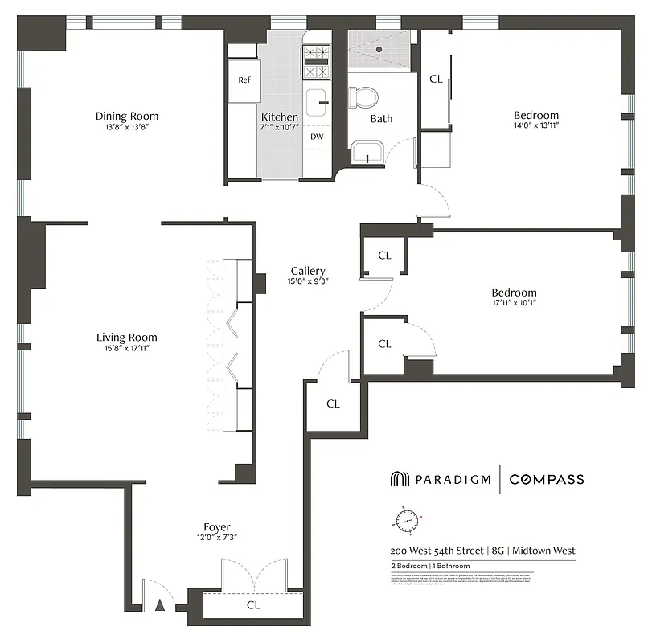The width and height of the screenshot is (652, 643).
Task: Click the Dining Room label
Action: coord(127,116)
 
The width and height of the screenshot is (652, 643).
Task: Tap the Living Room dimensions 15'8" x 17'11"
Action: coord(127,348)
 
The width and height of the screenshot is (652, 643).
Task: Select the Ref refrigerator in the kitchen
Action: coord(244,80)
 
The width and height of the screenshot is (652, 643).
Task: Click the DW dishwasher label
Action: coord(318,137)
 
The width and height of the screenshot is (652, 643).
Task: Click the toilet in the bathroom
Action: coord(364,97)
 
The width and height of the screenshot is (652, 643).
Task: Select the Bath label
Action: coord(381,118)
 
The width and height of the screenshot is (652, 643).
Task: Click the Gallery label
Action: coord(308,271)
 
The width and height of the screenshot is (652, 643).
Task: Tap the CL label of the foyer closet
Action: coord(253,604)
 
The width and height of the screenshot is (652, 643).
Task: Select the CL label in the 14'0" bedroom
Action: coord(437,79)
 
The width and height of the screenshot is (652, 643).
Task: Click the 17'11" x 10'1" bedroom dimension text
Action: coord(515,303)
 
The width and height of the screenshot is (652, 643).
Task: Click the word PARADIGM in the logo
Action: coord(453,480)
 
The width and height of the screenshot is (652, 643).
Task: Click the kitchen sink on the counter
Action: coord(319,102)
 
